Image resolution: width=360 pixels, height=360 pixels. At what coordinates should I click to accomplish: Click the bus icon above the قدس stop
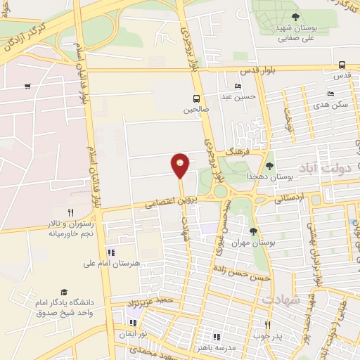tap(342, 64)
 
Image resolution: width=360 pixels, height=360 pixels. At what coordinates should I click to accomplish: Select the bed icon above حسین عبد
tap(238, 86)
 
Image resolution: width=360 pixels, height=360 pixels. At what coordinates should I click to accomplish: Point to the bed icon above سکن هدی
tap(331, 94)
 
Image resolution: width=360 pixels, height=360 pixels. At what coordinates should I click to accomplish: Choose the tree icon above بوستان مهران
tap(253, 231)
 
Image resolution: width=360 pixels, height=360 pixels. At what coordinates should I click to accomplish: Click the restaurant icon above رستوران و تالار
tap(70, 212)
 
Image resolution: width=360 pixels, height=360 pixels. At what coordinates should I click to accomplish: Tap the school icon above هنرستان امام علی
tap(111, 252)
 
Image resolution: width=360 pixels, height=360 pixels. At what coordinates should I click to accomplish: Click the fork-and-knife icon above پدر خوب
tap(267, 325)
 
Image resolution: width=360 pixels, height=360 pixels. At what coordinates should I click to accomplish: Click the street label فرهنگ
tap(236, 150)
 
